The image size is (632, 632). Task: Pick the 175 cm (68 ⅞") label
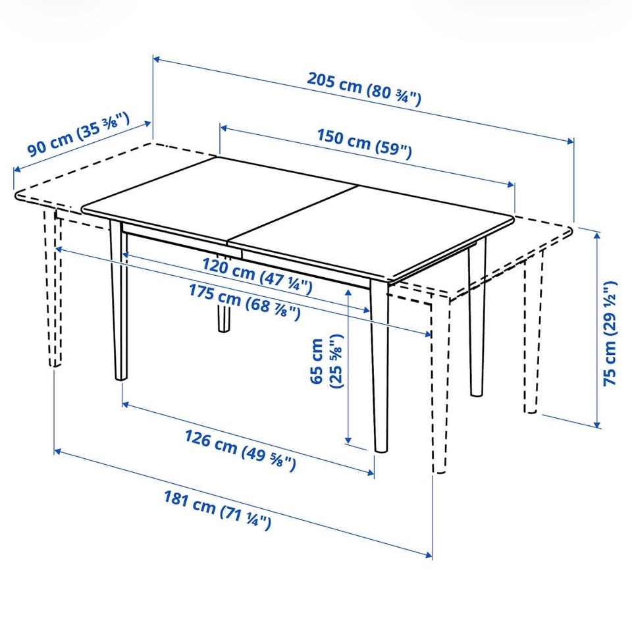tap(245, 302)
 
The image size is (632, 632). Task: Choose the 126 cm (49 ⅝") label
tap(240, 450)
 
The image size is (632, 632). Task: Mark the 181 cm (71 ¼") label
tap(217, 510)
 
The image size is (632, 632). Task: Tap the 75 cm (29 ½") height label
tap(610, 333)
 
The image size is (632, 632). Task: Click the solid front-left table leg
tap(119, 300)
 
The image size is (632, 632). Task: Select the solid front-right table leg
tap(380, 366)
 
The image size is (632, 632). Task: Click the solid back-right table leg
tap(477, 317)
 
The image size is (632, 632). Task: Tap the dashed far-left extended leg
tap(53, 288)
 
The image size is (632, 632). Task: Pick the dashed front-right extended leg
tap(440, 384)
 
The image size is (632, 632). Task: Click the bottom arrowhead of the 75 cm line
tap(598, 424)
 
